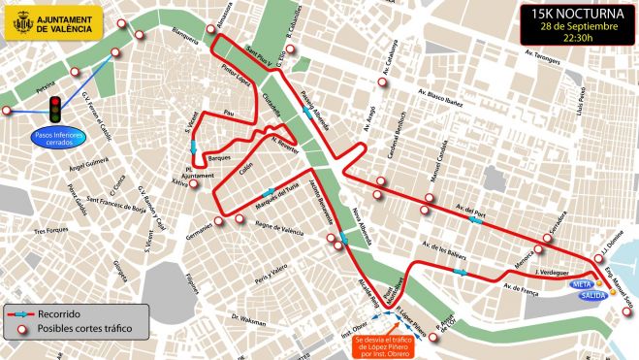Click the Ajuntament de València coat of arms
[x=19, y=22]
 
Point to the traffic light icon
[x=56, y=107]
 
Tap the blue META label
[x=584, y=284]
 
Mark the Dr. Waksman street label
[x=248, y=318]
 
